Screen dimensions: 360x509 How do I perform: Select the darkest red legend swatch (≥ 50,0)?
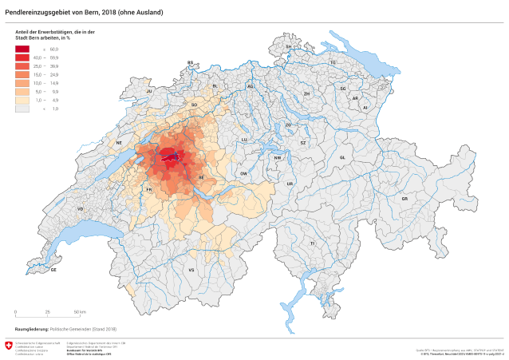22,49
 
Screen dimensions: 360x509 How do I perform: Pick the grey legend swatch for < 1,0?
22,108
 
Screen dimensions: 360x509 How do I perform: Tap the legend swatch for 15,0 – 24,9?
22,74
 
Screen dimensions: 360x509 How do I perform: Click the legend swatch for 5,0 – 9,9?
22,91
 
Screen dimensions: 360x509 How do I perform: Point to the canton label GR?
404,198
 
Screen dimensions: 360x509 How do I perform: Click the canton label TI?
313,243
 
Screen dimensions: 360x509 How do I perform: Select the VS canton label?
191,271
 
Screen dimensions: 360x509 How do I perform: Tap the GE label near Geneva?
53,270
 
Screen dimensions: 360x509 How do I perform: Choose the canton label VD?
80,208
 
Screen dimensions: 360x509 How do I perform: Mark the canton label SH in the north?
289,47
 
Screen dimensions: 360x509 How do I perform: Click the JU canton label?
149,92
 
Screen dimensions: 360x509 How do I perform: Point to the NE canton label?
119,143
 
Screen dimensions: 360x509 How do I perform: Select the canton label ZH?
306,93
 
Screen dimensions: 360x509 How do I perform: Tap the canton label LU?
245,139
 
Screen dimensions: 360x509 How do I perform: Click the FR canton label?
149,189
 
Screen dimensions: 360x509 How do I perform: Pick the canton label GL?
341,157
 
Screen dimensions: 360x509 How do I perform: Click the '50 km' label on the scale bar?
81,311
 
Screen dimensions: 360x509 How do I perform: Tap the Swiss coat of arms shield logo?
9,346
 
